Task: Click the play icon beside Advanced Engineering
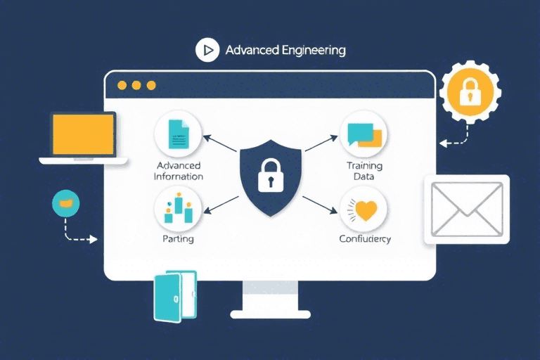click(x=207, y=51)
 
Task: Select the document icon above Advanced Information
click(x=177, y=134)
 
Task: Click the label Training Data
click(x=364, y=171)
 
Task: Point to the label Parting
click(x=177, y=239)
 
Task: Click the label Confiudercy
click(x=364, y=239)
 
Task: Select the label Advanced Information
click(x=178, y=171)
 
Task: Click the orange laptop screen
click(x=83, y=134)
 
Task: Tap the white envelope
click(x=466, y=209)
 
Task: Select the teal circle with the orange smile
click(x=66, y=202)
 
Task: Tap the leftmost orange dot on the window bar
click(x=122, y=85)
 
